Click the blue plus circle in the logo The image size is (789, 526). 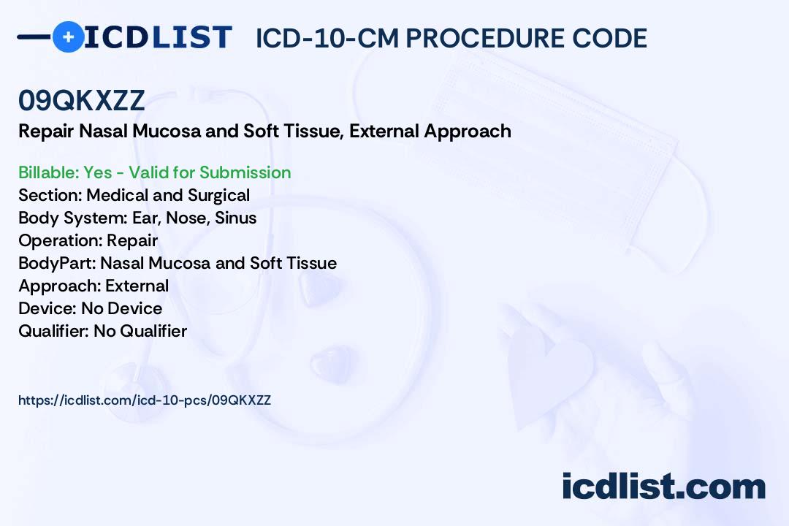pos(68,37)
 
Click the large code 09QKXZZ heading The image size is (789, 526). pos(82,100)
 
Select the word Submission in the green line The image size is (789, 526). pos(245,172)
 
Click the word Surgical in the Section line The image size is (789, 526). pos(219,195)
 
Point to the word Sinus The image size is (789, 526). pos(235,218)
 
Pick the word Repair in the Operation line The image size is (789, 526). pos(132,240)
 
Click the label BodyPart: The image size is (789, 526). pos(58,263)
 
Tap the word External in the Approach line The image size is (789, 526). pos(137,286)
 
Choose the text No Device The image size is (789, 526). pos(122,308)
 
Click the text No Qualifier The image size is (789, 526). pos(140,331)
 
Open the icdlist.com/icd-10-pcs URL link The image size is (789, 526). pos(145,400)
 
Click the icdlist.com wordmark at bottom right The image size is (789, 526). pos(663,486)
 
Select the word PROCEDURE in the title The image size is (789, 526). pos(485,38)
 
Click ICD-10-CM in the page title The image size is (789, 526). pos(327,38)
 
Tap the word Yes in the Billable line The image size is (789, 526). pos(98,172)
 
